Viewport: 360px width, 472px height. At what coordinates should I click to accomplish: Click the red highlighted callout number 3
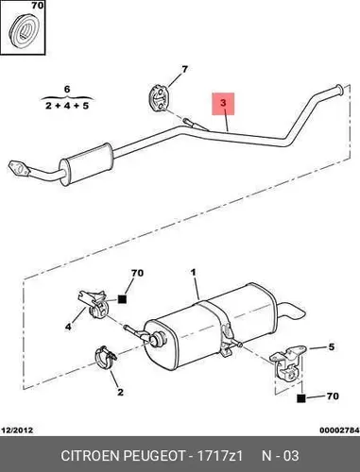pos(223,104)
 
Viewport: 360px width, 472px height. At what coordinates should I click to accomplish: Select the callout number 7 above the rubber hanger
pos(184,69)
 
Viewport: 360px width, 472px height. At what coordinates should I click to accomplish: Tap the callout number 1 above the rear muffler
pos(193,272)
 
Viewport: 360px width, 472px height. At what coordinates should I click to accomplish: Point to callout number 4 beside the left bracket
pos(68,327)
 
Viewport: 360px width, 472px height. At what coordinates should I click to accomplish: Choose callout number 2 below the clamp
pos(120,393)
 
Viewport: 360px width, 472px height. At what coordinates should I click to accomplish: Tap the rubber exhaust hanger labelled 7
pos(160,98)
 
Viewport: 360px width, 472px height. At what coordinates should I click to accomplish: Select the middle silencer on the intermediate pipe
pos(86,164)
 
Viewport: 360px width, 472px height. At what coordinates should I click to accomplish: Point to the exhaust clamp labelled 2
pos(106,359)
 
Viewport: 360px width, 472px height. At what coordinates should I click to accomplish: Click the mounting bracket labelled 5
pos(287,362)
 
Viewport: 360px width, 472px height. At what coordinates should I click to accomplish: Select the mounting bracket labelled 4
pos(93,304)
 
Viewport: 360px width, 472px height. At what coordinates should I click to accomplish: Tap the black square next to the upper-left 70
pos(122,299)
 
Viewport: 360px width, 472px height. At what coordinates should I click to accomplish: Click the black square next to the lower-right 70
pos(301,398)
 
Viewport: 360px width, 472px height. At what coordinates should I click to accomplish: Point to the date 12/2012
pos(18,430)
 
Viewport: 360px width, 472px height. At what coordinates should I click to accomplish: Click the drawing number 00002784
pos(339,430)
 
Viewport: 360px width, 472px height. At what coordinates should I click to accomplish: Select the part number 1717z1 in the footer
pos(219,456)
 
